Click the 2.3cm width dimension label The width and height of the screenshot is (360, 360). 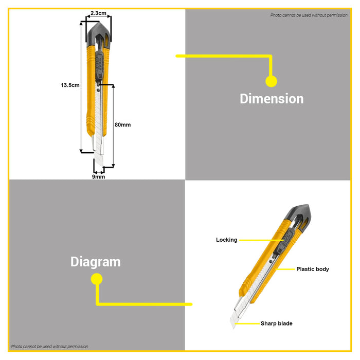click(x=98, y=13)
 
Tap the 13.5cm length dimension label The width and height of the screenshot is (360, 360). click(x=70, y=85)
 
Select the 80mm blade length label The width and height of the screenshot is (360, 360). click(x=122, y=124)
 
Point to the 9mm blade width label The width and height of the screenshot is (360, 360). click(x=99, y=176)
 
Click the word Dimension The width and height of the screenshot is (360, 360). click(x=272, y=99)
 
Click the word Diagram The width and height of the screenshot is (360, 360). click(x=96, y=262)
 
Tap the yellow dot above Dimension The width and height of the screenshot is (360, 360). click(x=271, y=81)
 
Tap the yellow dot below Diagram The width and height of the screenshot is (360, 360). click(x=97, y=279)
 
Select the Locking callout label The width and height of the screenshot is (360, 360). click(x=227, y=240)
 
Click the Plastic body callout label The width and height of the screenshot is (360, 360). click(x=313, y=269)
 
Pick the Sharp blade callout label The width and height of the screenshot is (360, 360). click(x=277, y=323)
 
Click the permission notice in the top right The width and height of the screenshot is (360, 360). click(x=309, y=15)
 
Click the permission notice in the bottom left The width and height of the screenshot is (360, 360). click(x=49, y=347)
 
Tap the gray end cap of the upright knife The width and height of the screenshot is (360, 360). click(x=99, y=33)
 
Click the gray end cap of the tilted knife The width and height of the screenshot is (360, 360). click(x=298, y=214)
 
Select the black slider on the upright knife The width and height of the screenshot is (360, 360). click(x=100, y=66)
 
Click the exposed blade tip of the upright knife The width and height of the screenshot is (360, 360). click(x=99, y=158)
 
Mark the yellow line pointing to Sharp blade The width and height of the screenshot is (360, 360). click(x=247, y=323)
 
